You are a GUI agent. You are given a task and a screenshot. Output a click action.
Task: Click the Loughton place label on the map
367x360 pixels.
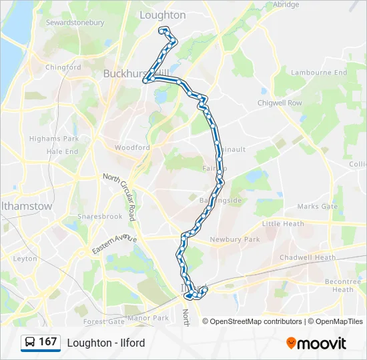pyautogui.click(x=163, y=15)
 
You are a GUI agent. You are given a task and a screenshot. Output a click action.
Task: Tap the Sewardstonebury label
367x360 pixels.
pyautogui.click(x=75, y=23)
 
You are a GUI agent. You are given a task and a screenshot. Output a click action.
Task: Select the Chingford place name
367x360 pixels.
pyautogui.click(x=63, y=67)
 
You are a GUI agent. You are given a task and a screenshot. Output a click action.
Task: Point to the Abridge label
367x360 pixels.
pyautogui.click(x=286, y=4)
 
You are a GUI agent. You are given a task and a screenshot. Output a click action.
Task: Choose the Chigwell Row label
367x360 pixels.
pyautogui.click(x=280, y=103)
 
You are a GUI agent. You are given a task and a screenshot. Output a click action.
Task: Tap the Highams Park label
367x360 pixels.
pyautogui.click(x=54, y=139)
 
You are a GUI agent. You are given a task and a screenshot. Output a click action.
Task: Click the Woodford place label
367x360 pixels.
pyautogui.click(x=132, y=147)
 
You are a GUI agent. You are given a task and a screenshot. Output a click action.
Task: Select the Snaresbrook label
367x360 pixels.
pyautogui.click(x=99, y=217)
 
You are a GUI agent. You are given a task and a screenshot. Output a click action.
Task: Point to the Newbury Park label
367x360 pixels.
pyautogui.click(x=234, y=239)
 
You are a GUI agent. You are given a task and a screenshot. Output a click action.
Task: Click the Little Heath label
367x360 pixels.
pyautogui.click(x=283, y=224)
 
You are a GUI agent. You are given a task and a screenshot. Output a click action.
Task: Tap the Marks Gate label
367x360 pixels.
pyautogui.click(x=318, y=207)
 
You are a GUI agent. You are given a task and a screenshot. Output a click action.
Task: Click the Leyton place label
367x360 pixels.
pyautogui.click(x=25, y=258)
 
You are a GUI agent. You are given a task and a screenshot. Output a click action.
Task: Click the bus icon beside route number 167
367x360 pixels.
pyautogui.click(x=31, y=343)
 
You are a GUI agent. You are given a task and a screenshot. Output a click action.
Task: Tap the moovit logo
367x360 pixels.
pyautogui.click(x=316, y=343)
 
